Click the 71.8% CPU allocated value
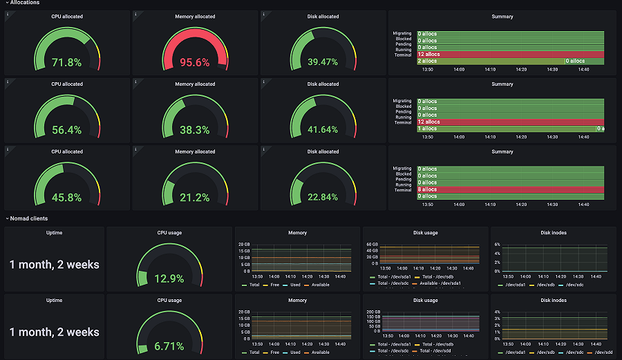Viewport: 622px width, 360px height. [66, 62]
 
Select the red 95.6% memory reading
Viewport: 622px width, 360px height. [195, 62]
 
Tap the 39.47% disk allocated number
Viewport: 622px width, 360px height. [323, 62]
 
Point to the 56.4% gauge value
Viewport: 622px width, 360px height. [66, 130]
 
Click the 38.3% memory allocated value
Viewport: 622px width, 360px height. [195, 130]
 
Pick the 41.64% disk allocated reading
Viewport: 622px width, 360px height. [323, 130]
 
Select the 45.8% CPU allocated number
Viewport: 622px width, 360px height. [66, 198]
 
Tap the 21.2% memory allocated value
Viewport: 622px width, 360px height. [195, 198]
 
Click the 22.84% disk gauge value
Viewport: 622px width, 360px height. [323, 198]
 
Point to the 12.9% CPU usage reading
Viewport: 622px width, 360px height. [169, 279]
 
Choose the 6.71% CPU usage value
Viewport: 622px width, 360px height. [169, 346]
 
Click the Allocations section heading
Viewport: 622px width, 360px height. [24, 3]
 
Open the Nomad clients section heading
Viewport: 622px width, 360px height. [28, 218]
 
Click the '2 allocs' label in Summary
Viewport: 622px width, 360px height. [428, 61]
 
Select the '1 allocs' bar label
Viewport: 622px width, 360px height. [428, 129]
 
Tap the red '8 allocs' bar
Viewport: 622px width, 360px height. [428, 189]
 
